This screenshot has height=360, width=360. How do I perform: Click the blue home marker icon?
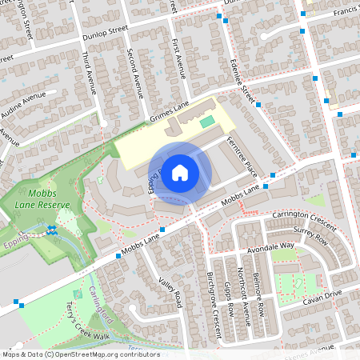pos(180,172)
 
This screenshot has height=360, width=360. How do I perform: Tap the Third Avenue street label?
pos(90,73)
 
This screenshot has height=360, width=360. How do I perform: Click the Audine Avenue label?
pos(23,103)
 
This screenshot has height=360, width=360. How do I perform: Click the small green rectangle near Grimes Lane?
pos(207,121)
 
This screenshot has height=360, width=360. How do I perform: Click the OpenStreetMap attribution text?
pos(80,354)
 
